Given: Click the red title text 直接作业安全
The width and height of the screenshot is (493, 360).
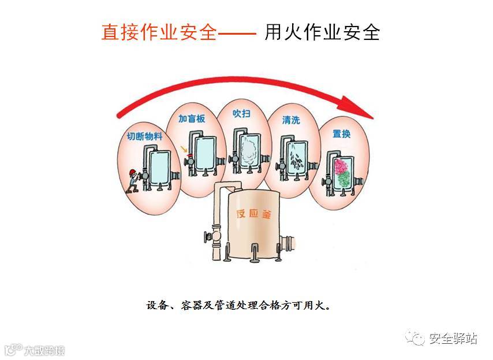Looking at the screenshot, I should click(x=159, y=32).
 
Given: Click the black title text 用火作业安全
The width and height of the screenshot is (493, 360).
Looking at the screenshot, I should click(x=322, y=32).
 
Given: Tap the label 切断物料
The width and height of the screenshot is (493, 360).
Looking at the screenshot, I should click(x=144, y=136).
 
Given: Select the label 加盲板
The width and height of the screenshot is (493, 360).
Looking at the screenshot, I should click(x=191, y=119).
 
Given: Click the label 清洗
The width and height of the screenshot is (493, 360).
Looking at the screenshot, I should click(x=290, y=120).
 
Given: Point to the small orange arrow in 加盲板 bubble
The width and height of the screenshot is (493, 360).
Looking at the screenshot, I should click(x=184, y=150).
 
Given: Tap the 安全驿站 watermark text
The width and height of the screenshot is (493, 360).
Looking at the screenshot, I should click(x=453, y=339).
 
